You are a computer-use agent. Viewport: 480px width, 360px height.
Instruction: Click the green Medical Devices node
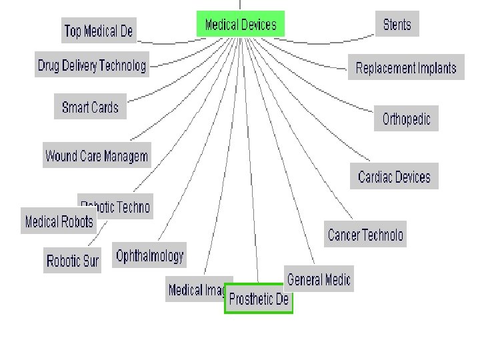pos(241,25)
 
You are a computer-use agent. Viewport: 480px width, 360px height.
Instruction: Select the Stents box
pos(397,25)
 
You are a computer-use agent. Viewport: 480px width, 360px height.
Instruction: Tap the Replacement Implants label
pos(406,68)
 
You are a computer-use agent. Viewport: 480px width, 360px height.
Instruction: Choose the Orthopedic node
pos(406,119)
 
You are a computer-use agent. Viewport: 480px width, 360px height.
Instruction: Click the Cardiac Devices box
pos(394,177)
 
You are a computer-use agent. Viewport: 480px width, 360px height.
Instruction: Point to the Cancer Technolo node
pos(365,235)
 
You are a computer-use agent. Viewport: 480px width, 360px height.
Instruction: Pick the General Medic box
pos(319,279)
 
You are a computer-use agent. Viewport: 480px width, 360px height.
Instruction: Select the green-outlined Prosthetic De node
pos(259,299)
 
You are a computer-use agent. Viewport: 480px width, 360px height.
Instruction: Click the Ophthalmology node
pos(149,255)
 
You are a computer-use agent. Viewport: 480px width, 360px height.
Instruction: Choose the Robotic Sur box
pos(73,261)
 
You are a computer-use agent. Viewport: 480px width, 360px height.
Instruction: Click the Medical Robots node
pos(59,221)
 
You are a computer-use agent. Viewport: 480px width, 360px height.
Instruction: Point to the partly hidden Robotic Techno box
pos(123,207)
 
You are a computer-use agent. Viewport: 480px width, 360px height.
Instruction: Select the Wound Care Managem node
pos(97,156)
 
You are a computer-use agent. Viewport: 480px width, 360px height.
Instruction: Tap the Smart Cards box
pos(90,107)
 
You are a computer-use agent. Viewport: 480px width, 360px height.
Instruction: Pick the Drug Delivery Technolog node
pos(91,65)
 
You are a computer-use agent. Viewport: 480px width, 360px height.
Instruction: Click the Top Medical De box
pos(99,31)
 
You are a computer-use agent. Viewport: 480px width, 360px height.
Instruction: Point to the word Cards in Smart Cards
pos(105,107)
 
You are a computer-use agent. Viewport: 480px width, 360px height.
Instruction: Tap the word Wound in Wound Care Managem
pos(61,156)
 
